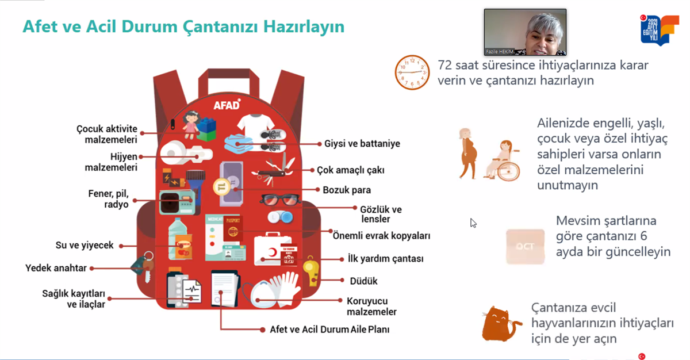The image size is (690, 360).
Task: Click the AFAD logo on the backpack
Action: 227,105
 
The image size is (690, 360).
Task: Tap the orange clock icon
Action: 412,72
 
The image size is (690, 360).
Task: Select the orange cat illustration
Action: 501,324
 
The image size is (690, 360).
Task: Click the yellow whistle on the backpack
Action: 311,271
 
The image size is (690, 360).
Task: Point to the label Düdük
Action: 363,281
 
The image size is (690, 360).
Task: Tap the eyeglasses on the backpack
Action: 279,200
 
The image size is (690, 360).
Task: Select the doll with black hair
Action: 191,125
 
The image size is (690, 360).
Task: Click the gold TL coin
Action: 222,187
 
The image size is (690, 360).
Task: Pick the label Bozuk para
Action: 347,190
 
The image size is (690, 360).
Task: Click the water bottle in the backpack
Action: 178,238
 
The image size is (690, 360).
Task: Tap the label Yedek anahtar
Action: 56,268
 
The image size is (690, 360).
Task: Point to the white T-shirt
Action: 255,125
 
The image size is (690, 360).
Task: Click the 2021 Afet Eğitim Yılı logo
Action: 659,30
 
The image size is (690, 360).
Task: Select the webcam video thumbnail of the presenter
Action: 525,32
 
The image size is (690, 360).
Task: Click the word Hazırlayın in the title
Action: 304,26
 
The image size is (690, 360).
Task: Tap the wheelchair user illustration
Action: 503,160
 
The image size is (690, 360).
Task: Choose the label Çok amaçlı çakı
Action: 351,170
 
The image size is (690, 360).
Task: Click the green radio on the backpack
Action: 177,202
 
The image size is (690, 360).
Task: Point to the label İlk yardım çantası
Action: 385,259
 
